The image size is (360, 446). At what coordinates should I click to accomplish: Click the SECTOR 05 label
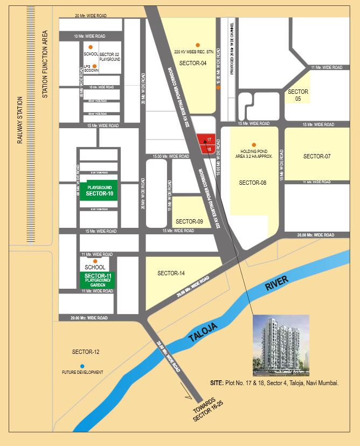click(298, 95)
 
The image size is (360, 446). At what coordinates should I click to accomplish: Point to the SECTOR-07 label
click(316, 156)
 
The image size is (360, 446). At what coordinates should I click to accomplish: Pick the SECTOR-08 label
click(253, 183)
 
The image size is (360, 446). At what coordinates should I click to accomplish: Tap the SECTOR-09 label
click(189, 221)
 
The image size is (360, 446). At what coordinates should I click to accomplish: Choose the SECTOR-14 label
click(171, 273)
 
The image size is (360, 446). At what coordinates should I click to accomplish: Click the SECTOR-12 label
click(86, 352)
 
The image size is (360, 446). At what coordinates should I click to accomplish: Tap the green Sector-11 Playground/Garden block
click(98, 279)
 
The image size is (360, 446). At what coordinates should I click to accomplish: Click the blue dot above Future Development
click(82, 366)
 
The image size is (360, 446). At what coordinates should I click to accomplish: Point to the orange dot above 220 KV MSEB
click(197, 45)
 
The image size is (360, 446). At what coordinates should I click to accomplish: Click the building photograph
click(281, 345)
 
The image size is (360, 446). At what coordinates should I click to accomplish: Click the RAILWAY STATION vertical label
click(19, 121)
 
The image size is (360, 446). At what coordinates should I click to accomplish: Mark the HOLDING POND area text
click(252, 154)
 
